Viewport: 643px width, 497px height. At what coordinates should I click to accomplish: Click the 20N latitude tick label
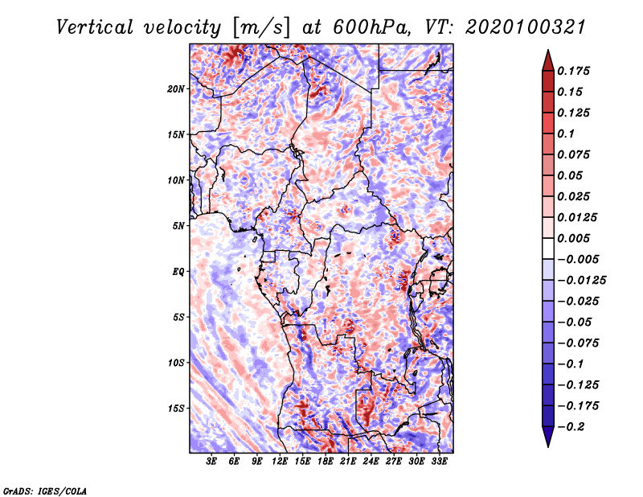tap(176, 89)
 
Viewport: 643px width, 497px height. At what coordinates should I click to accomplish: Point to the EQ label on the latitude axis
tap(178, 272)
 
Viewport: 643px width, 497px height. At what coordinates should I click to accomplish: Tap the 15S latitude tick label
tap(176, 409)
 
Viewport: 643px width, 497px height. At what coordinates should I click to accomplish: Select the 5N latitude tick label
tap(178, 226)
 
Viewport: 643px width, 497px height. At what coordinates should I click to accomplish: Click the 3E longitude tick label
tap(211, 462)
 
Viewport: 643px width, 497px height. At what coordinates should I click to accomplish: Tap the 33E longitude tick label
tap(439, 462)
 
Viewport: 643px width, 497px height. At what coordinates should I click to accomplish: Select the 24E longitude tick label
tap(371, 462)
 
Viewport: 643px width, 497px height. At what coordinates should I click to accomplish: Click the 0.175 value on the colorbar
tap(573, 71)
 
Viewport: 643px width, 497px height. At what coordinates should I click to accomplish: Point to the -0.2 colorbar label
tap(571, 427)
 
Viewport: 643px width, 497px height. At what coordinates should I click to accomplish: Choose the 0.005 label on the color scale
tap(573, 238)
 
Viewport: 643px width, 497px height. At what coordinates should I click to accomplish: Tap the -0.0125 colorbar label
tap(581, 281)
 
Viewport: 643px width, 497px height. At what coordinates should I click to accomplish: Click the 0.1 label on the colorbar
tap(566, 133)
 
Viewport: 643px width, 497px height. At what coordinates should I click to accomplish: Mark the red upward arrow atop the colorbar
tap(548, 60)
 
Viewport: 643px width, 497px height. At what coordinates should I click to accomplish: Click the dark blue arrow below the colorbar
tap(548, 437)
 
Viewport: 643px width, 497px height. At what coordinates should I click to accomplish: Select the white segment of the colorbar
tap(548, 249)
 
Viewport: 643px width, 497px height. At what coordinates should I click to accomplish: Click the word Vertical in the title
tap(95, 27)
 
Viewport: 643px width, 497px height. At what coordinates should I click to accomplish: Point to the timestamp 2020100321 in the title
tap(526, 27)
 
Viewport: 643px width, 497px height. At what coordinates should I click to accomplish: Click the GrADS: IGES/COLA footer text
tap(45, 491)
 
